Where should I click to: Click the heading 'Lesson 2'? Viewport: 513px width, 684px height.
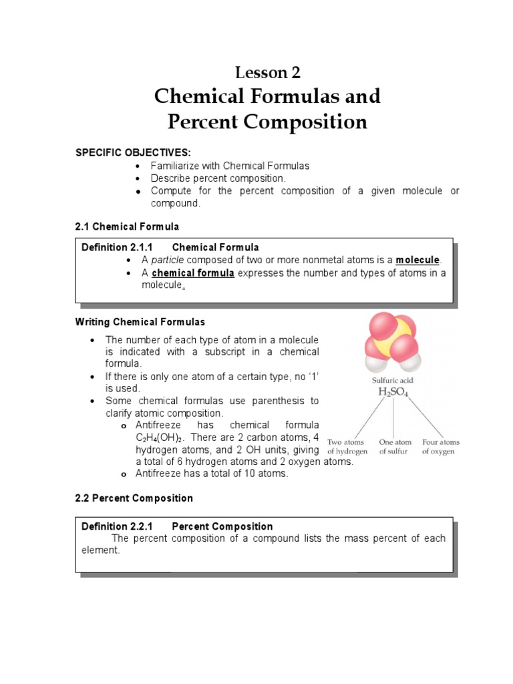[x=267, y=71]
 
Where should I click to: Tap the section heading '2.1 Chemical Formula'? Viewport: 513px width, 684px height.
[x=127, y=226]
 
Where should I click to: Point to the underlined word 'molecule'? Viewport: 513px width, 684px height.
[x=417, y=260]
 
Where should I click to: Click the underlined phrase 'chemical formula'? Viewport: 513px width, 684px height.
[x=193, y=273]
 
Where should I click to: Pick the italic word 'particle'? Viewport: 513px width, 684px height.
[x=167, y=260]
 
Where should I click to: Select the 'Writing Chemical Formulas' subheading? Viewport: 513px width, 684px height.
[x=140, y=322]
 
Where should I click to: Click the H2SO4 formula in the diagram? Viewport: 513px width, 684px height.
[x=393, y=393]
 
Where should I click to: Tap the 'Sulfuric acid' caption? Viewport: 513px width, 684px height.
[x=393, y=380]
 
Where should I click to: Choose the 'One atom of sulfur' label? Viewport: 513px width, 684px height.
[x=395, y=447]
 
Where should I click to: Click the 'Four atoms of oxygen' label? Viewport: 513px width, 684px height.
[x=440, y=447]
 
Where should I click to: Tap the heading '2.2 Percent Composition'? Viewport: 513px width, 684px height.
[x=134, y=498]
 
